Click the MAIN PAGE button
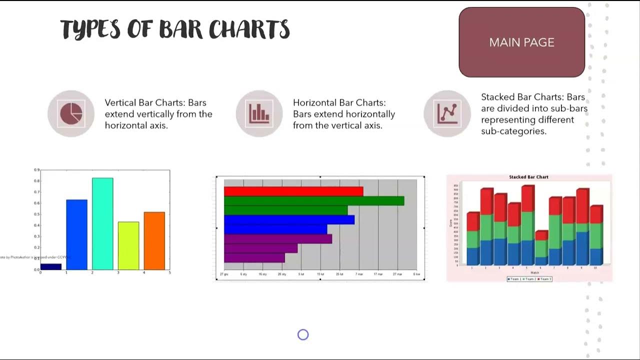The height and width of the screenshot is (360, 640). point(521,42)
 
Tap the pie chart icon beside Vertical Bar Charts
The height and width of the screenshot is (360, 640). point(71,113)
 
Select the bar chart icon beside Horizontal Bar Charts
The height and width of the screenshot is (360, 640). point(259,113)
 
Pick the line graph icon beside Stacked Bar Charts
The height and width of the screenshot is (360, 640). point(447,113)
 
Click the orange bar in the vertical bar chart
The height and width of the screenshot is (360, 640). point(154,240)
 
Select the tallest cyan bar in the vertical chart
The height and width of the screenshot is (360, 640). point(102,223)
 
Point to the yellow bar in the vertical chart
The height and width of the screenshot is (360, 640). point(128,245)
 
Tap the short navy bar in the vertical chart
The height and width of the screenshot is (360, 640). point(51,266)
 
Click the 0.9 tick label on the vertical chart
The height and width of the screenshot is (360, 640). point(36,170)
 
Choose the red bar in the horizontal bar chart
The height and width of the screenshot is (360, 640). point(293,191)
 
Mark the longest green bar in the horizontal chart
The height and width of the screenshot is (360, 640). point(313,201)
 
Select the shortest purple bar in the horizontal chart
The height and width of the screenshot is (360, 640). point(254,257)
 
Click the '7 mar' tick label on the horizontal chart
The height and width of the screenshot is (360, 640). point(359,274)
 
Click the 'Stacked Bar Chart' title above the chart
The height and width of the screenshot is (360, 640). point(528,177)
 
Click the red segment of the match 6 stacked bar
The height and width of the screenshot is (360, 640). point(541,235)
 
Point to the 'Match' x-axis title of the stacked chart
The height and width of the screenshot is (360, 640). point(534,272)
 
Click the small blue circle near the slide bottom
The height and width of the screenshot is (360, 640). point(303,335)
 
